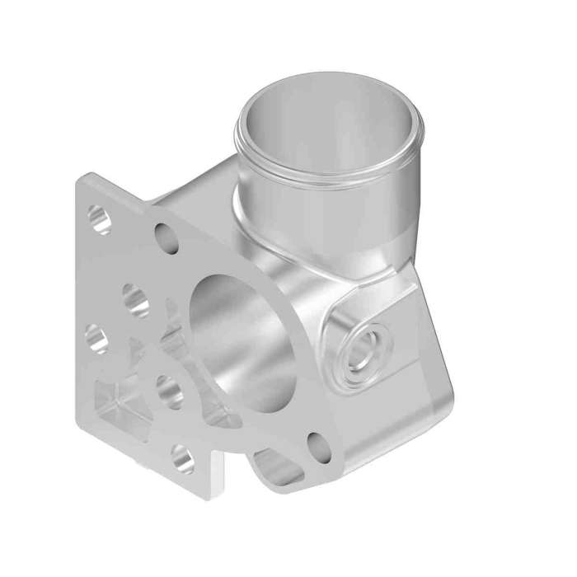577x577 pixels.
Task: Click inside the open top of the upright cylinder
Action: click(x=330, y=124)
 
